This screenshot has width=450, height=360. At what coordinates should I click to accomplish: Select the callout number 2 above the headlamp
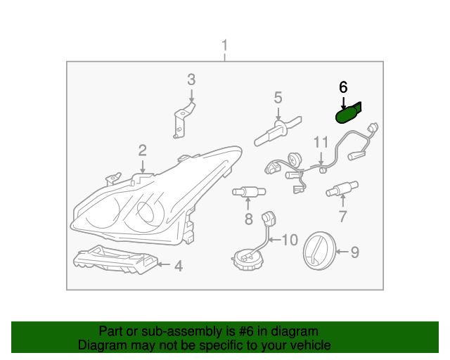point(142,150)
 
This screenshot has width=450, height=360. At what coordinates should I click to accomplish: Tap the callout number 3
point(191,79)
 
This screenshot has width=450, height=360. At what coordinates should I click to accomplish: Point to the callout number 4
point(179,266)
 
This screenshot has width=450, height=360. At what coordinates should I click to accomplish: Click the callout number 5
point(278,97)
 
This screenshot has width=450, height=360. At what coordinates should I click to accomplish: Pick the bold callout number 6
point(343,87)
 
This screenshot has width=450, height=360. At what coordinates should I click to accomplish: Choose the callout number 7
point(342,216)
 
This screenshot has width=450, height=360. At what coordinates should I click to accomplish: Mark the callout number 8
point(248,219)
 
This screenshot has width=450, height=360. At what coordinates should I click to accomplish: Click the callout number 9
point(354,251)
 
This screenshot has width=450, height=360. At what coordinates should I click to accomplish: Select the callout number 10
point(290,240)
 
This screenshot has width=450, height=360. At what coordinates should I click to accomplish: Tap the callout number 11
point(321,142)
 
